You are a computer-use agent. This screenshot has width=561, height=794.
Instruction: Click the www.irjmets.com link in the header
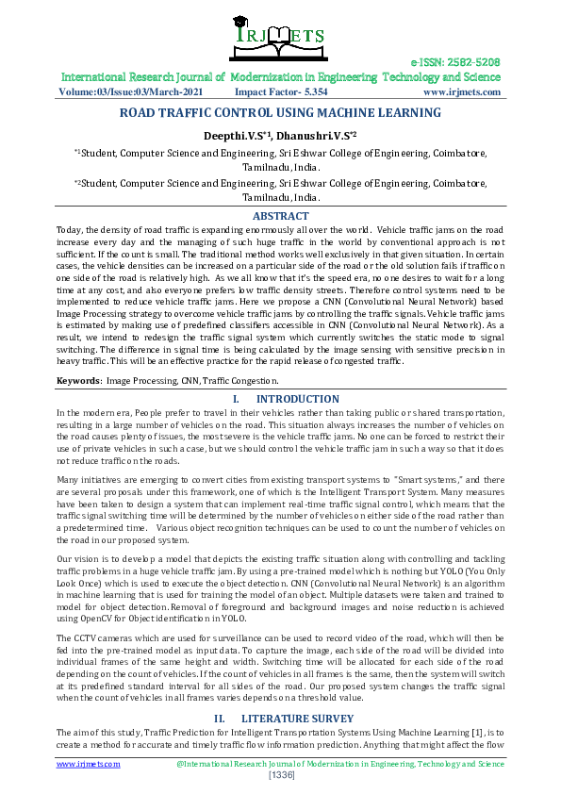click(x=461, y=92)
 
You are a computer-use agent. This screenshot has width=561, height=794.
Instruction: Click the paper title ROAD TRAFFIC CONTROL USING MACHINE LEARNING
click(x=280, y=113)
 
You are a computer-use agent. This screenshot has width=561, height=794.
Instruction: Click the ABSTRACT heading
click(x=280, y=216)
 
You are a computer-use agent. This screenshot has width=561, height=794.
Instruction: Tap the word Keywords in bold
click(x=78, y=380)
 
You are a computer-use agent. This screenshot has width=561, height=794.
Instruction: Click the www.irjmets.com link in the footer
click(x=89, y=764)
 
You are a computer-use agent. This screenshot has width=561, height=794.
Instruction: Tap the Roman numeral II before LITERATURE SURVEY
click(x=219, y=719)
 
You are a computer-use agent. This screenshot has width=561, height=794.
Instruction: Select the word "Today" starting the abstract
click(x=69, y=229)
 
